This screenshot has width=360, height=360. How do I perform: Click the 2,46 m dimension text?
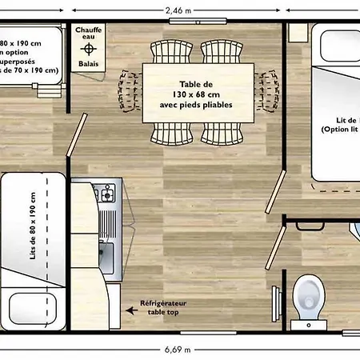click(x=178, y=11)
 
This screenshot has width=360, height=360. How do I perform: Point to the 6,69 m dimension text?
click(x=178, y=349)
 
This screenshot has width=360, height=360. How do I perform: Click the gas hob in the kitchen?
click(x=104, y=194)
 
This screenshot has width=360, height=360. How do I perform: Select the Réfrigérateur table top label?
click(x=164, y=308)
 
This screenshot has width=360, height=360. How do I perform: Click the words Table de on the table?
click(x=196, y=83)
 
